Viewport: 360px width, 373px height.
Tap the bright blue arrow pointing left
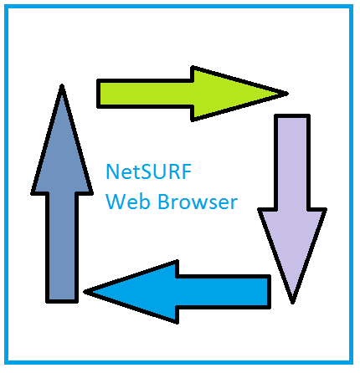click(x=177, y=292)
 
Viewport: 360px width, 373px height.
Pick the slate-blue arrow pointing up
click(x=62, y=193)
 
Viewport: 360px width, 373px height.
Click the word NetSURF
click(x=149, y=171)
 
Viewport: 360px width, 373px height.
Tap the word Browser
click(x=198, y=202)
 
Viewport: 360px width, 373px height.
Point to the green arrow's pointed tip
click(x=288, y=94)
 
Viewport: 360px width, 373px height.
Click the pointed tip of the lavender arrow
click(x=292, y=304)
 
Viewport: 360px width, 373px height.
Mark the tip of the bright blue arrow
click(x=85, y=292)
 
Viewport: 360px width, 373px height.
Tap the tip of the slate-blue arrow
click(x=62, y=84)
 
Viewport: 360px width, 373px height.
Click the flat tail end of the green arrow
click(x=98, y=94)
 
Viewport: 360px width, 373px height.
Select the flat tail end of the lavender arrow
click(x=292, y=115)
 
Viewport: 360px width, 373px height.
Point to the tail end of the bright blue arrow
click(x=270, y=292)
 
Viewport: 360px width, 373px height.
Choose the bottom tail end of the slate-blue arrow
click(x=62, y=301)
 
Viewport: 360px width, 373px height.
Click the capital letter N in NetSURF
click(x=112, y=171)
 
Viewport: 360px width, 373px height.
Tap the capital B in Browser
click(x=163, y=202)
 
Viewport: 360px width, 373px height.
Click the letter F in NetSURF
click(x=188, y=171)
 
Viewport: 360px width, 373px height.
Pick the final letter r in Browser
click(x=234, y=204)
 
